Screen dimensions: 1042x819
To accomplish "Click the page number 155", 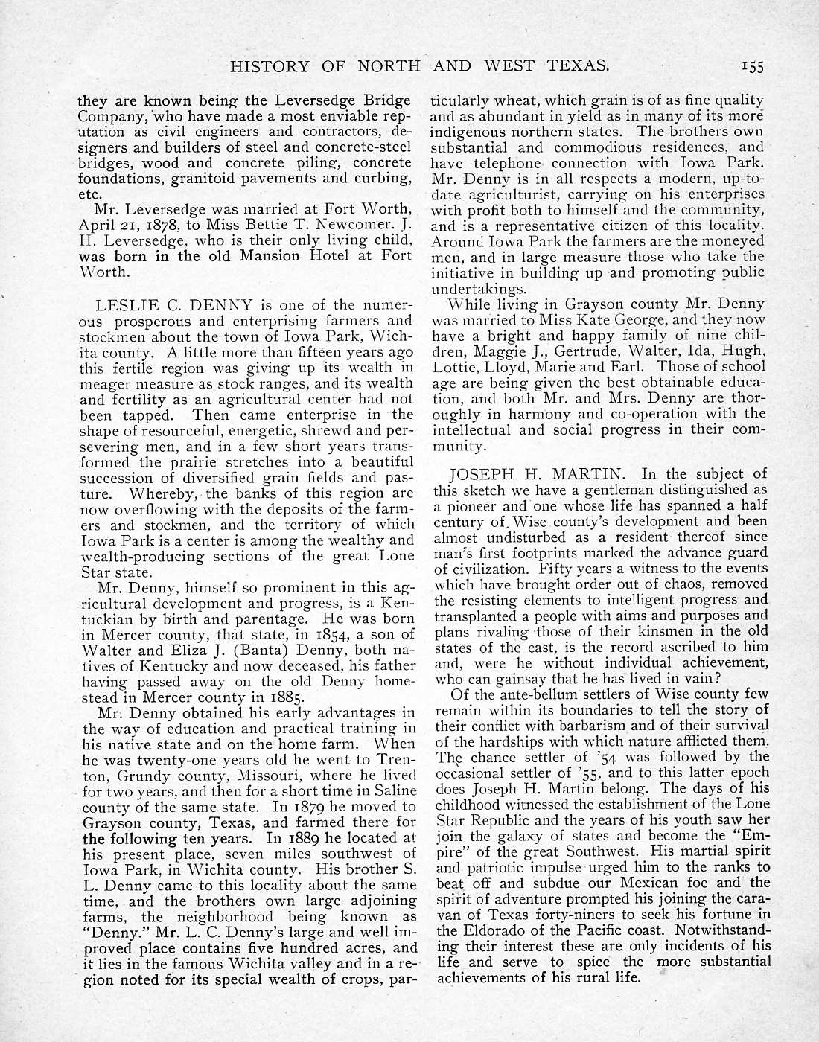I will pyautogui.click(x=753, y=67).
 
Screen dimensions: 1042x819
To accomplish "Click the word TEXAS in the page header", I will pyautogui.click(x=577, y=66).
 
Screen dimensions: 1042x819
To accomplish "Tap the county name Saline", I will pyautogui.click(x=392, y=790).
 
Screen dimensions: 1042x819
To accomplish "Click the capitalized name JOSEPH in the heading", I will pyautogui.click(x=479, y=473).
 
